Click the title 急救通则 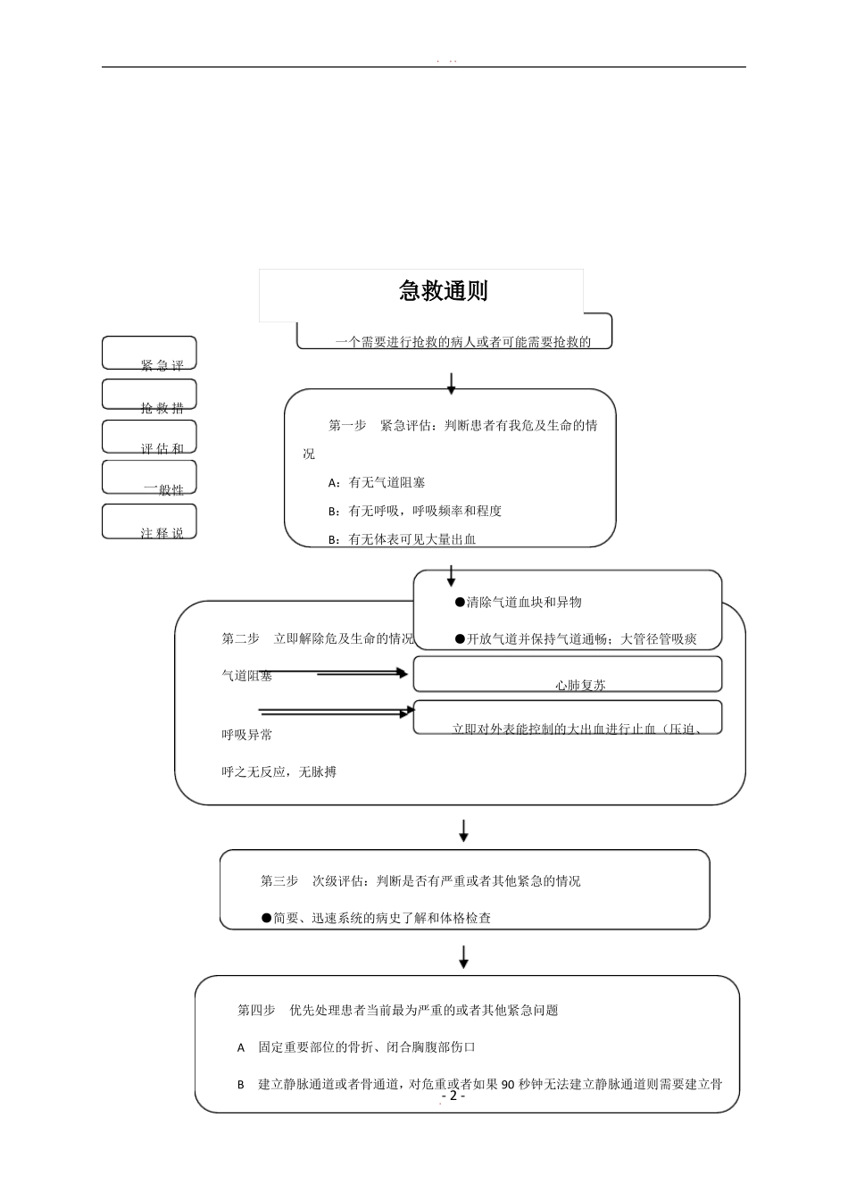tap(443, 291)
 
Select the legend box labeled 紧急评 tap(149, 354)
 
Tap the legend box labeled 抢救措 tap(149, 396)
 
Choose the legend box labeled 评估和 tap(149, 437)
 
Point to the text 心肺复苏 tap(580, 686)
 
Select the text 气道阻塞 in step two tap(246, 676)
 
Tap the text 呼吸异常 tap(246, 735)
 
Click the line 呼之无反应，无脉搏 tap(279, 772)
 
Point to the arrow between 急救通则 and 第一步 tap(452, 383)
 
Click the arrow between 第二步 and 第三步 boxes tap(463, 830)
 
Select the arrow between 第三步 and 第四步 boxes tap(463, 957)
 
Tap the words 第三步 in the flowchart tap(279, 881)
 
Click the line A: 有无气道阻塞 tap(377, 483)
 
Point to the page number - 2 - tap(453, 1096)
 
